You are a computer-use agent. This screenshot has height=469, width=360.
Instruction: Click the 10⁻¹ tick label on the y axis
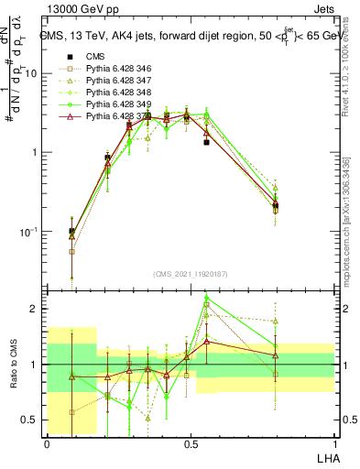tap(29, 232)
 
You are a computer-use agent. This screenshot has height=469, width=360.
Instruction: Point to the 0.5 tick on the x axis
tap(190, 444)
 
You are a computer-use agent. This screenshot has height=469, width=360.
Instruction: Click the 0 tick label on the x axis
tap(47, 444)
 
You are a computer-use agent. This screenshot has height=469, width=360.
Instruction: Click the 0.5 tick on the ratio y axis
tap(32, 420)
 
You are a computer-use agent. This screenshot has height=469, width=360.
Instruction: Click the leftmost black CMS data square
tap(71, 232)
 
